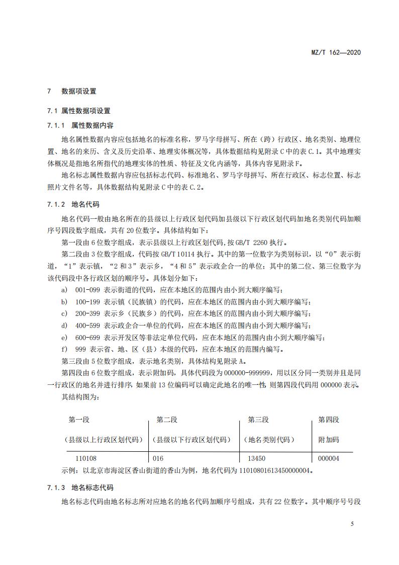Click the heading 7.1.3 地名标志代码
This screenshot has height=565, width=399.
80,488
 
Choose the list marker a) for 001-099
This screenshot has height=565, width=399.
64,290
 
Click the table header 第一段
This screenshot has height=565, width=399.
79,420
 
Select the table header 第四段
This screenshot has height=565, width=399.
329,420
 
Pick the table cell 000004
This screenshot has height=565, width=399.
329,459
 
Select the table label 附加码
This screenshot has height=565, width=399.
329,439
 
